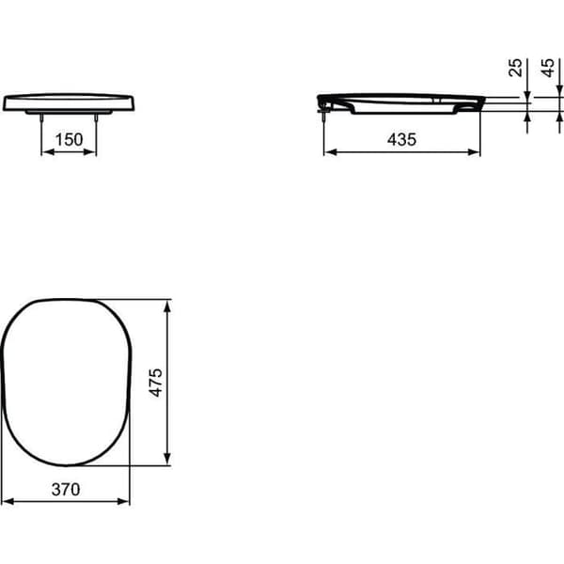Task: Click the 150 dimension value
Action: coord(69,139)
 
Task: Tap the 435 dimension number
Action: coord(401,139)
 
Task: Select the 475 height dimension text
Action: coord(156,383)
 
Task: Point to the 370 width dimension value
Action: coord(66,489)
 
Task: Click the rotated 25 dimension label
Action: coord(515,68)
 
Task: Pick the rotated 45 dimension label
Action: coord(547,68)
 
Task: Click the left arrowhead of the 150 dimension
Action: coord(48,152)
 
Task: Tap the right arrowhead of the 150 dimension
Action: coord(90,152)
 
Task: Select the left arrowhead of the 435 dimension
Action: coord(331,152)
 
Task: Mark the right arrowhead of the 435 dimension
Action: coord(474,152)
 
